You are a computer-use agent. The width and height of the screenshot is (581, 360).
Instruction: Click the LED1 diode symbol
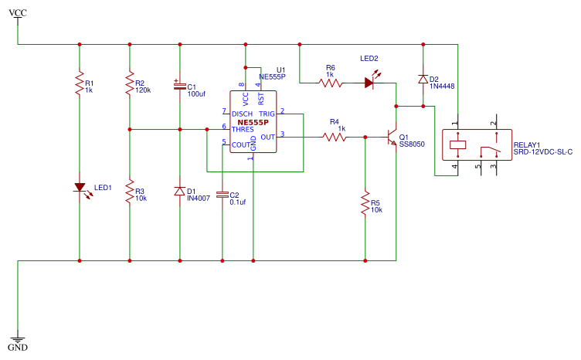tap(79, 187)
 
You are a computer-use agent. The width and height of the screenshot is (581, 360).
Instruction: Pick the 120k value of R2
tap(143, 90)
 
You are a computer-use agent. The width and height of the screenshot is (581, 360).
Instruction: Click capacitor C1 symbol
tap(179, 87)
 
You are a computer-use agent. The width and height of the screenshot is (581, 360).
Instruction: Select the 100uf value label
tap(196, 93)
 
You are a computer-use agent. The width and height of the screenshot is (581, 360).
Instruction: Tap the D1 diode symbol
tap(179, 191)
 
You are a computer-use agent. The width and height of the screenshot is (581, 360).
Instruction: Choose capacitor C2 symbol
tap(223, 195)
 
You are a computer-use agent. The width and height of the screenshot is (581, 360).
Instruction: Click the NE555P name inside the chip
tap(253, 122)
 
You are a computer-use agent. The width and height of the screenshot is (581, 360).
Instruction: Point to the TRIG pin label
tap(267, 114)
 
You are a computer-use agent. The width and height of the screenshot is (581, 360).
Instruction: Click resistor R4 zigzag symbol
tap(335, 138)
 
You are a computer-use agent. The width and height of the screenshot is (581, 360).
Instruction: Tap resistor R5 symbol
tap(365, 205)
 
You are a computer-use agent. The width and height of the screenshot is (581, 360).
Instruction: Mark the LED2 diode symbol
tap(370, 82)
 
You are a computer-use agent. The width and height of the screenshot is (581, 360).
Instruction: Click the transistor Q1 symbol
tap(392, 138)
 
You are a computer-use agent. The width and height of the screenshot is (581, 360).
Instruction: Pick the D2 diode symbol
tap(423, 79)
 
